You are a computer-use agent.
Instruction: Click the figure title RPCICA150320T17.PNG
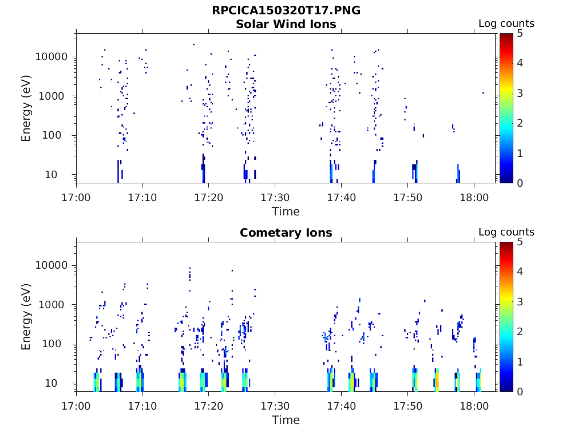[x=286, y=10]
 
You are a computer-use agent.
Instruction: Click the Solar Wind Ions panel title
[x=286, y=24]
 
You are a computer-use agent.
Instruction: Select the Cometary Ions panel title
[x=286, y=233]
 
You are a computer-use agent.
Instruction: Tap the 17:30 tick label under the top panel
[x=275, y=197]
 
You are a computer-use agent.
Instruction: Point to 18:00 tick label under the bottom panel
[x=474, y=406]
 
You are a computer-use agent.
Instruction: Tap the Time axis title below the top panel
[x=286, y=211]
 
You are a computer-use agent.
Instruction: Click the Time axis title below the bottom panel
[x=286, y=420]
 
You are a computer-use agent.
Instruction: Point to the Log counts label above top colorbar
[x=506, y=23]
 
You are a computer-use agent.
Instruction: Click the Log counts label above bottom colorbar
[x=506, y=232]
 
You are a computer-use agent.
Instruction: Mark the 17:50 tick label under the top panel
[x=407, y=197]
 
